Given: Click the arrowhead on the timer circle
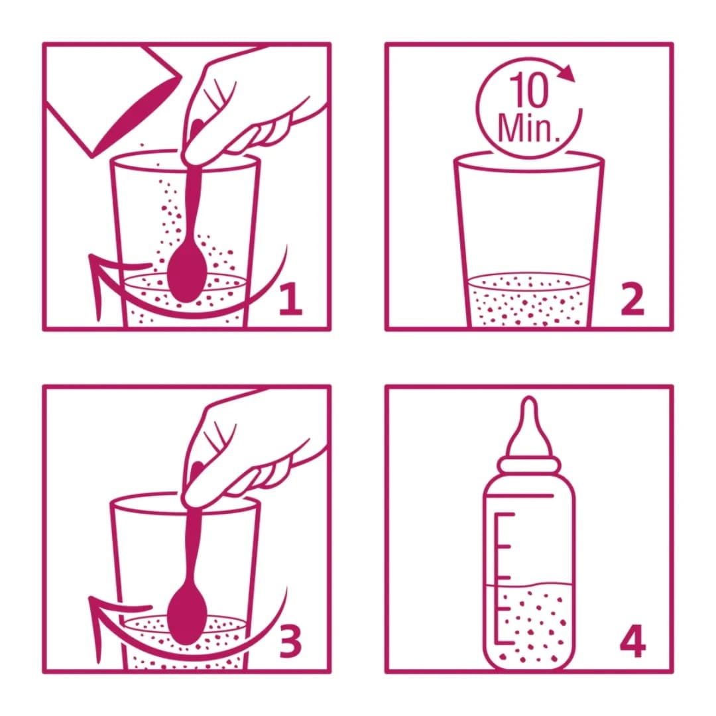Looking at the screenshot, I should [566, 72].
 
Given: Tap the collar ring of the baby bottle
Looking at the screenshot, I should [528, 464].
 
